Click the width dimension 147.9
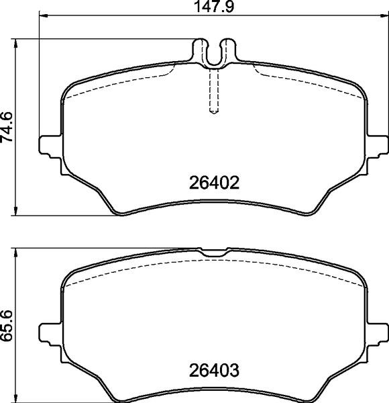[x=214, y=7]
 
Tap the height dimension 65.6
[x=7, y=325]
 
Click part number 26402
[x=214, y=183]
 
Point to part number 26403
[x=214, y=370]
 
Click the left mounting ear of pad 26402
[x=50, y=145]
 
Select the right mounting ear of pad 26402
[x=379, y=145]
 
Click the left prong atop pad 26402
[x=199, y=50]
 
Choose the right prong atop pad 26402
[x=229, y=50]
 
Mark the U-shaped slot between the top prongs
[x=214, y=57]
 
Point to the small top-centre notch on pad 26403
[x=214, y=253]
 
